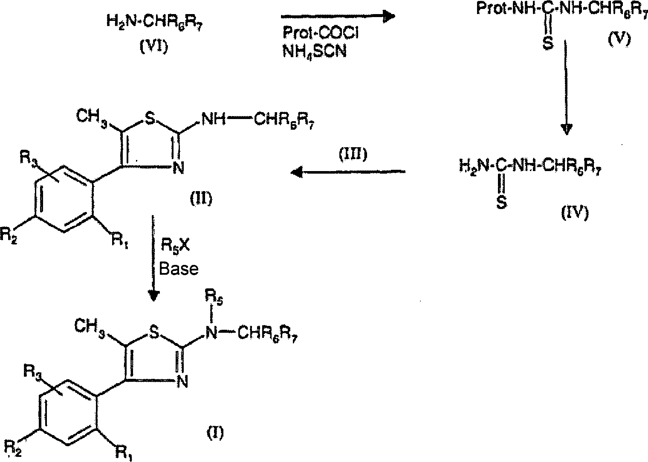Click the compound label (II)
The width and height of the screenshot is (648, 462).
tap(200, 198)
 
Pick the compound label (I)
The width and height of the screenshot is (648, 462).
tap(215, 433)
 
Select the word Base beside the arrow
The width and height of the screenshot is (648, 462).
tap(179, 269)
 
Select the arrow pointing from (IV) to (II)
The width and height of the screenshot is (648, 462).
tap(347, 171)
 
